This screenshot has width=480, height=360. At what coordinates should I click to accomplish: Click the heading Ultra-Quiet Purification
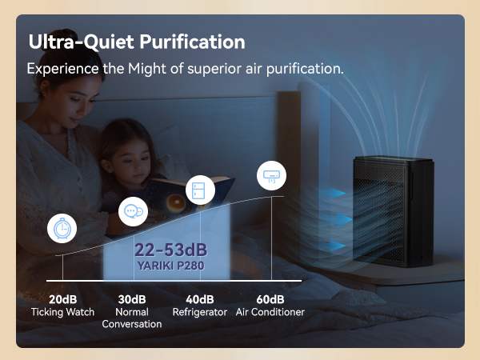(x=137, y=41)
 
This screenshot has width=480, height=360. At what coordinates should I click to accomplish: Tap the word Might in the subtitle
(x=148, y=68)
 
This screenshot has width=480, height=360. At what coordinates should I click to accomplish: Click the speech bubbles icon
(x=134, y=212)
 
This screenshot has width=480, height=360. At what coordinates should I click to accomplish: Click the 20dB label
(x=62, y=299)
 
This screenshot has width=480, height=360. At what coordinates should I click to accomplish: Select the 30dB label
(x=132, y=299)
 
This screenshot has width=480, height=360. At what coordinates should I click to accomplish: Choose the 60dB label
(x=270, y=299)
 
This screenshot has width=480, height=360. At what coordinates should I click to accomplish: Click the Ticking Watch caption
(x=62, y=312)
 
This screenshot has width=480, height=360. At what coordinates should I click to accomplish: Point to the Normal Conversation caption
(x=132, y=318)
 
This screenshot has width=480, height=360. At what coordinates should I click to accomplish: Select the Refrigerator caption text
(x=200, y=312)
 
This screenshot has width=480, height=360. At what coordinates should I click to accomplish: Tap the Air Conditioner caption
(x=270, y=312)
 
